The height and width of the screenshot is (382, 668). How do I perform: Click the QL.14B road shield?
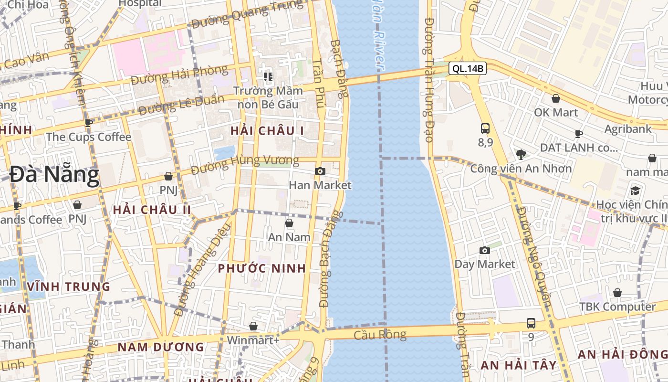[468, 69]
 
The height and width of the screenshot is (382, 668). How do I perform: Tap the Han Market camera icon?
[320, 171]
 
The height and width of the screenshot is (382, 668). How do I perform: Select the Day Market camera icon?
[485, 250]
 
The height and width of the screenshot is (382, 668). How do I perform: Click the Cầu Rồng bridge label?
[380, 335]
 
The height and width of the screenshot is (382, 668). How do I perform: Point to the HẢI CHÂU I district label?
[267, 130]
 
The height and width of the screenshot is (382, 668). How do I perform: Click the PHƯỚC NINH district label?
[262, 268]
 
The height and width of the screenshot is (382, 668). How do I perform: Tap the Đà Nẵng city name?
[54, 175]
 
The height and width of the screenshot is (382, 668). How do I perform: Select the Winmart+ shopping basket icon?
[253, 326]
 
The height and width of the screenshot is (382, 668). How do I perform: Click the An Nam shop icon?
[289, 223]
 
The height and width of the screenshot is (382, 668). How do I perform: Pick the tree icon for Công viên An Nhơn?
[521, 154]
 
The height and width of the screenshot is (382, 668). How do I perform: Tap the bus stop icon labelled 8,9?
[485, 128]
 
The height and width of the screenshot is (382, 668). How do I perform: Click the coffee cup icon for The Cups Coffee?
[88, 123]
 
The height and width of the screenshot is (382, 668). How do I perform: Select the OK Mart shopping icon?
[556, 98]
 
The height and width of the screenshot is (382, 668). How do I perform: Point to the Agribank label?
[628, 129]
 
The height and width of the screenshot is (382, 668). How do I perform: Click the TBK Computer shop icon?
[617, 293]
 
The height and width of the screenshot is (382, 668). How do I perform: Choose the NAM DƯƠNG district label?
[161, 347]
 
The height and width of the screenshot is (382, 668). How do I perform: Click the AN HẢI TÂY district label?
[519, 365]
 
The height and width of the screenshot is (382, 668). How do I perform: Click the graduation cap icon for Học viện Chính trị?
[635, 191]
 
